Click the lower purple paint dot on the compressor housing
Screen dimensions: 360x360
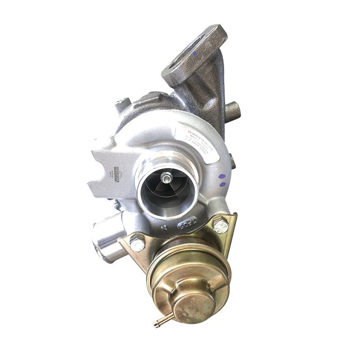tap(221, 184)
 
